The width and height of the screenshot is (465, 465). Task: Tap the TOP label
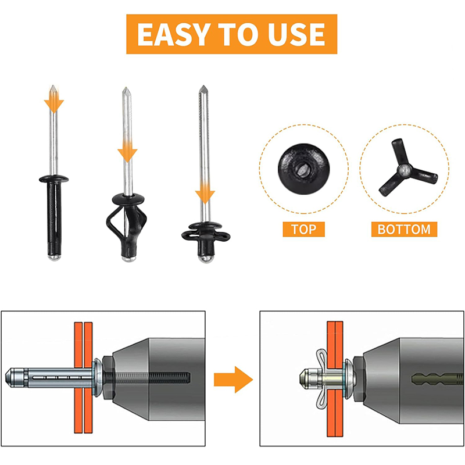point(303,229)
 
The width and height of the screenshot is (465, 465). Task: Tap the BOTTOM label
point(404,229)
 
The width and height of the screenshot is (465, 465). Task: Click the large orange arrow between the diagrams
point(234,380)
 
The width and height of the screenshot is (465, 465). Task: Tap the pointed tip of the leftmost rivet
point(53,85)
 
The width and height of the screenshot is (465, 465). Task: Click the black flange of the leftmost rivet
point(53,179)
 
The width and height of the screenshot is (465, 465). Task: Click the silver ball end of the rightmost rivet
point(206,259)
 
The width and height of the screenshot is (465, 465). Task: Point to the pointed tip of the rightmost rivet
point(203,86)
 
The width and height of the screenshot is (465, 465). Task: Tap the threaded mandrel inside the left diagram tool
point(148,377)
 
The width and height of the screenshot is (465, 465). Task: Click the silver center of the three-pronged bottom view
point(404,170)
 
